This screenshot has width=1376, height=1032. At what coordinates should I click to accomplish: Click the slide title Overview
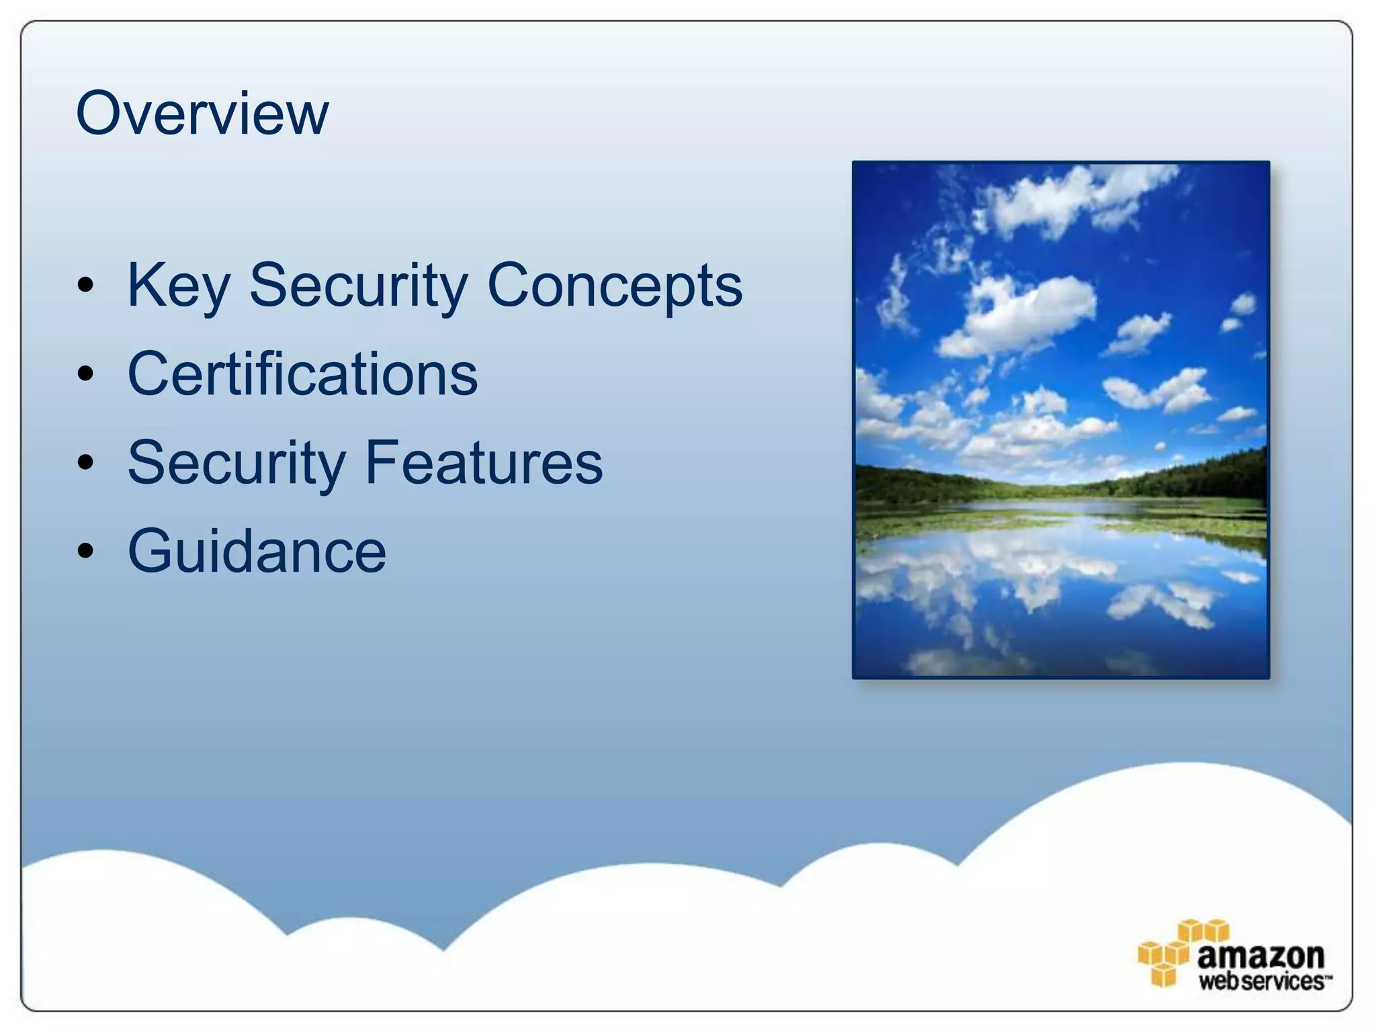[202, 113]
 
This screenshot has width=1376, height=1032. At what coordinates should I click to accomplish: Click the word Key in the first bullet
[178, 286]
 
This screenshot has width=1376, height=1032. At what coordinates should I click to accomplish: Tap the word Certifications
[302, 374]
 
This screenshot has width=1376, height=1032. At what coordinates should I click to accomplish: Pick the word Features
[484, 462]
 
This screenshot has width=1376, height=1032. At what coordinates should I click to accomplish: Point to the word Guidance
[257, 551]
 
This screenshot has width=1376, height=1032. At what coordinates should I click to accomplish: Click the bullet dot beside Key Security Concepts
[85, 285]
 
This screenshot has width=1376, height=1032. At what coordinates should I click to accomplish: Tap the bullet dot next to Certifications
[85, 374]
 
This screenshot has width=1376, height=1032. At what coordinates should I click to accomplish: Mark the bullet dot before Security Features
[85, 462]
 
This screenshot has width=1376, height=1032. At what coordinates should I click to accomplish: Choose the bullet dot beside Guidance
[85, 551]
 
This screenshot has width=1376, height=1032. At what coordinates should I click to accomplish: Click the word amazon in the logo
[1260, 955]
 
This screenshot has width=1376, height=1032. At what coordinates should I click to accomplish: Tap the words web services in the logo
[1260, 981]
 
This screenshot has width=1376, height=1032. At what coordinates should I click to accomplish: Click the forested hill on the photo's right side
[1209, 474]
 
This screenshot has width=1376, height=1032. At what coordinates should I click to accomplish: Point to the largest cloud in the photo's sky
[1028, 312]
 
